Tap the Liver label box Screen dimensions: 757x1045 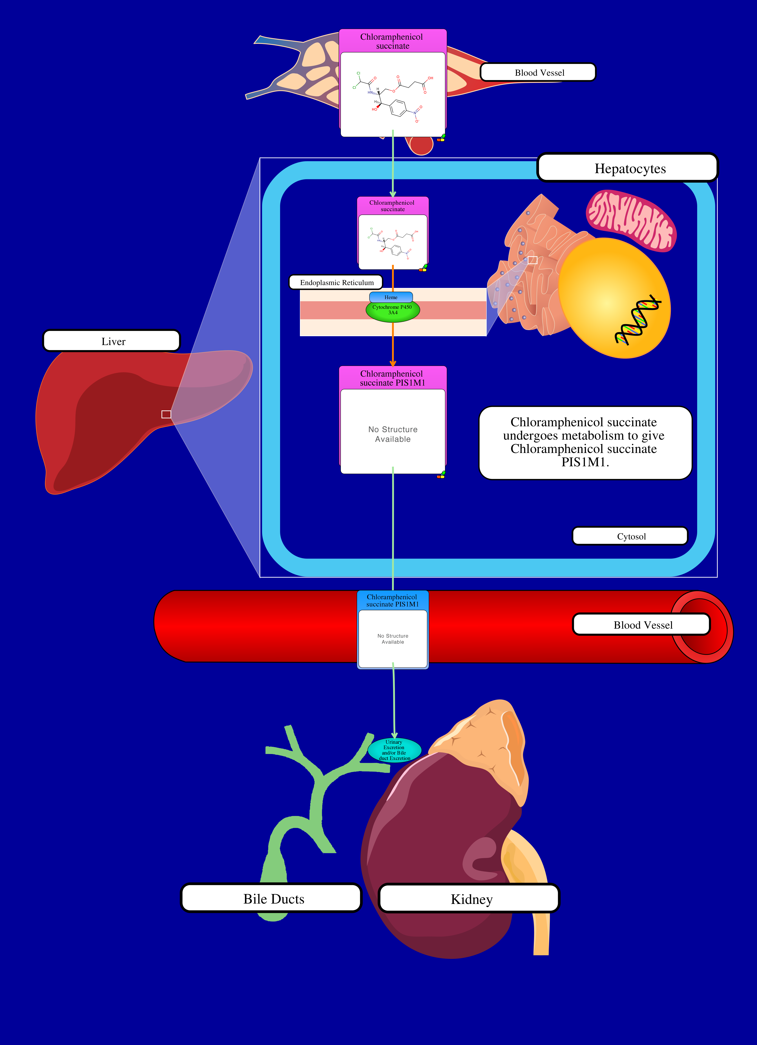[x=112, y=341]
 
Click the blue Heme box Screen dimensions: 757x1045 [x=391, y=297]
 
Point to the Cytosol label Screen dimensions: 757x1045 [x=630, y=536]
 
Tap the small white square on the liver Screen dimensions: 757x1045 [x=166, y=414]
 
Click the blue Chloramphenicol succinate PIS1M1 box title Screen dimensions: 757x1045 [x=392, y=600]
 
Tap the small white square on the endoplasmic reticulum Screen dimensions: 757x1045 [x=532, y=260]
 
